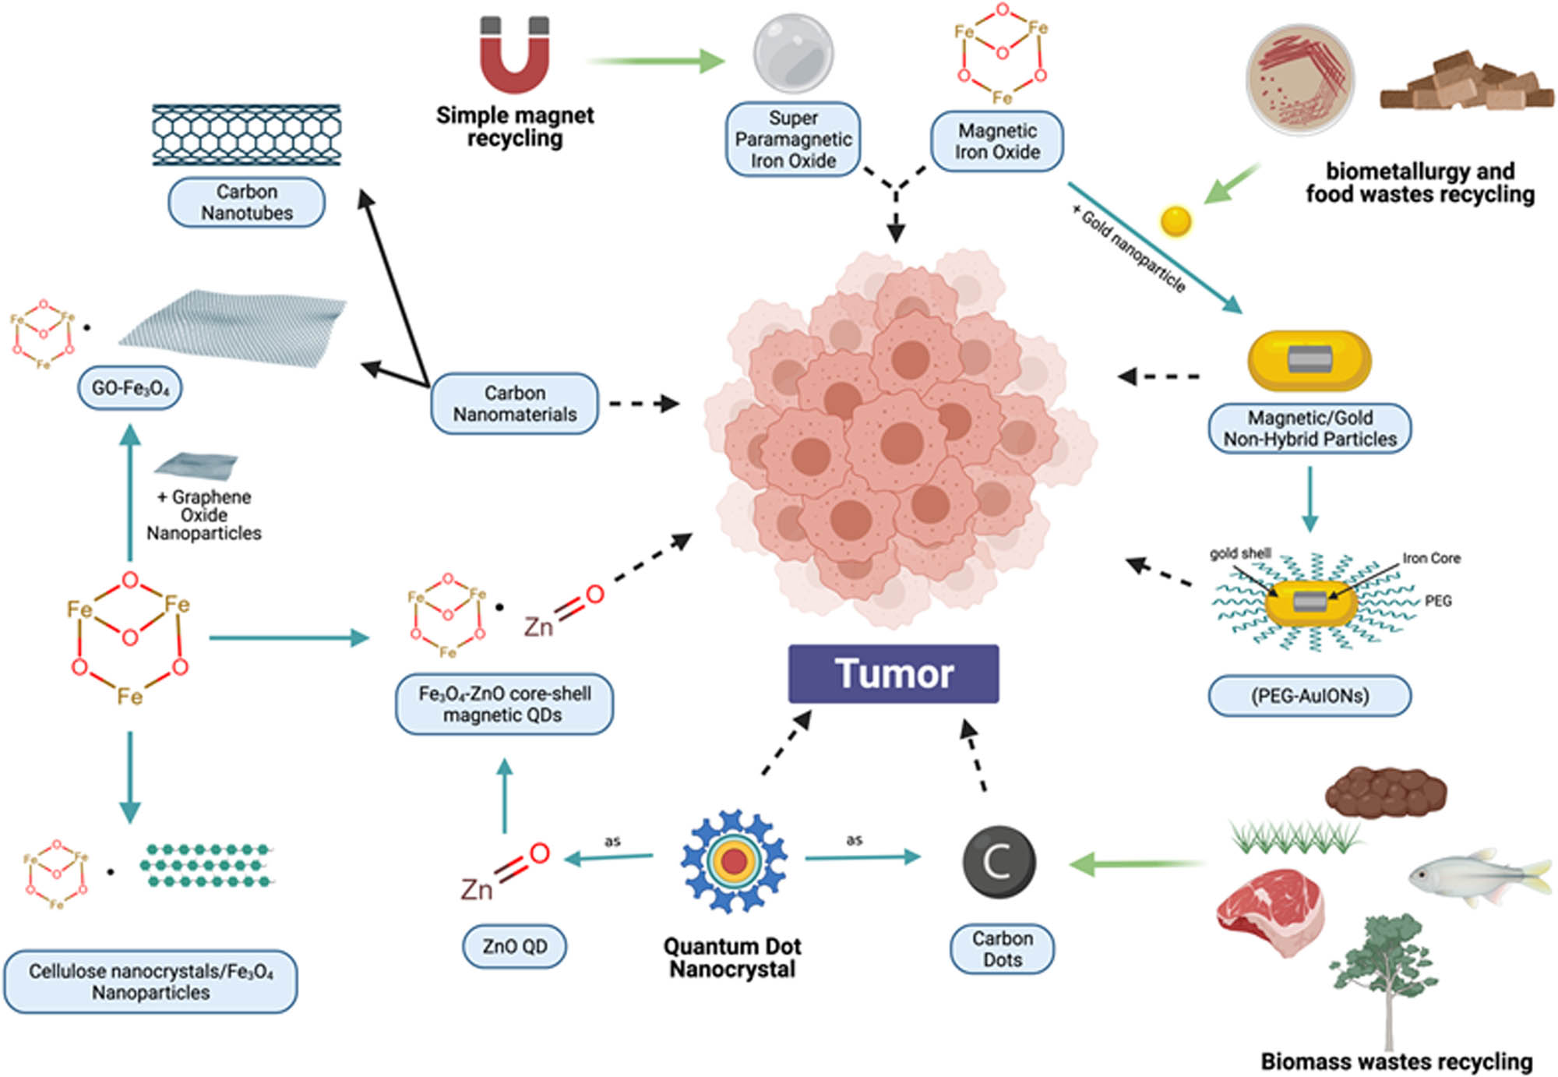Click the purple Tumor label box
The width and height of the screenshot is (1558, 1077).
point(894,674)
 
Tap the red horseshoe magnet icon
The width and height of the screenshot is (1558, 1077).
point(514,56)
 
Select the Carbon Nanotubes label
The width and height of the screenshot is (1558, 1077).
point(247,203)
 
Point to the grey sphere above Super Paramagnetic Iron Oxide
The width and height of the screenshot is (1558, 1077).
point(793,53)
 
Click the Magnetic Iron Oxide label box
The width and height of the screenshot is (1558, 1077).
point(997,141)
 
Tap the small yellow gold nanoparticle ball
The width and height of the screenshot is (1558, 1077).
point(1176,221)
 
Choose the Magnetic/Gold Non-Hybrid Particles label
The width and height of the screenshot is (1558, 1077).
point(1309,429)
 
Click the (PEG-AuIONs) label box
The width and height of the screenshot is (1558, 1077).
point(1309,696)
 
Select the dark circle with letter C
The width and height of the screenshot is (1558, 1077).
point(999,862)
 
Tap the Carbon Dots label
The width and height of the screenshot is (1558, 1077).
point(1002,949)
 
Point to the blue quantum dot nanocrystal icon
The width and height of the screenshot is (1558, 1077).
point(733,861)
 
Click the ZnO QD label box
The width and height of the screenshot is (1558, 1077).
point(514,946)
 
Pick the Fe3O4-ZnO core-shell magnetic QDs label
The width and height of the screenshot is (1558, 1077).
point(505,704)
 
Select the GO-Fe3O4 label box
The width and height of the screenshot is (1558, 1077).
point(130,388)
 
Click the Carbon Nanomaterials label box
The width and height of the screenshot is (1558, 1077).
point(515,404)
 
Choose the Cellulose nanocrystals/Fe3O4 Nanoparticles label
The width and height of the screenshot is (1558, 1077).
point(150,982)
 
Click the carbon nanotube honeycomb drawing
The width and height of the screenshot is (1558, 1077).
point(247,134)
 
